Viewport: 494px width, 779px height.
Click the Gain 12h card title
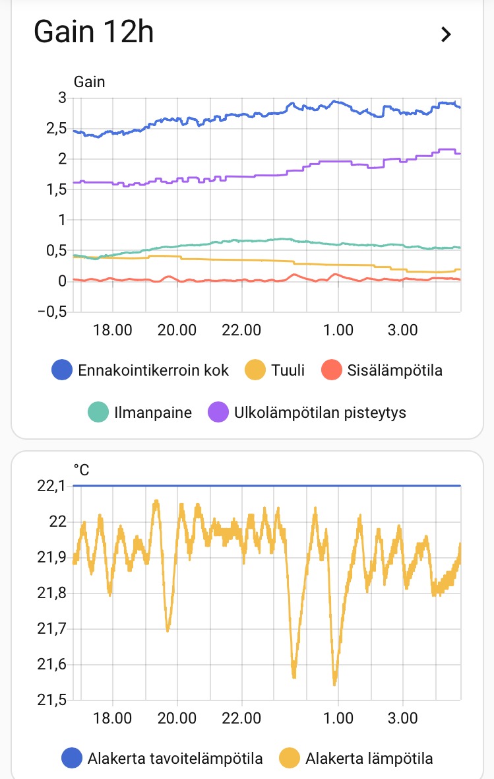tap(94, 32)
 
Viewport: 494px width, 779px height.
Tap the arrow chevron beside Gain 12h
tap(446, 34)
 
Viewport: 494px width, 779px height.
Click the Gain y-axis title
tap(89, 82)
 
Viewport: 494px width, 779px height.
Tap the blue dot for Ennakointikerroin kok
tap(61, 370)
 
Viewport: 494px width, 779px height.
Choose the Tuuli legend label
tap(288, 370)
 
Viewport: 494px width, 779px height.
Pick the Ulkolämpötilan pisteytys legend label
tap(320, 413)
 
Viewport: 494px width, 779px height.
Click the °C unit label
tap(81, 470)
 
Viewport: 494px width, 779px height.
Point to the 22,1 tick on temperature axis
tap(53, 487)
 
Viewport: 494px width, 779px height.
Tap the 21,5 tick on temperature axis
tap(53, 700)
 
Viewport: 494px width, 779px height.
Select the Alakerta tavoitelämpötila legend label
tap(175, 759)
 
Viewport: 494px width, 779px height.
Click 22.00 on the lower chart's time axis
tap(242, 718)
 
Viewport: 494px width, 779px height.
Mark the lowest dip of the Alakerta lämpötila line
tap(335, 683)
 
